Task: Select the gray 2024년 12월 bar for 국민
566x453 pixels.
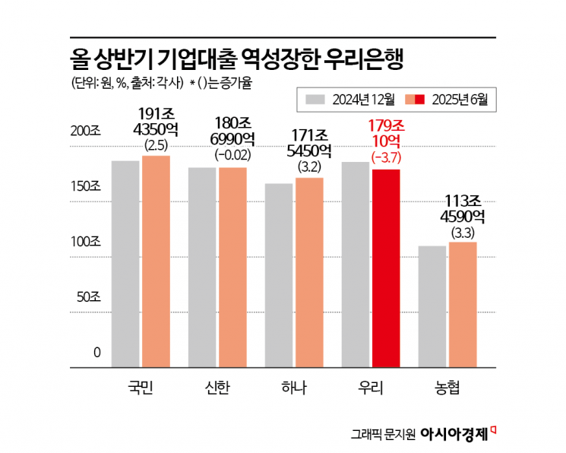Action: coord(125,263)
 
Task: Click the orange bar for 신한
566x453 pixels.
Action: coord(232,266)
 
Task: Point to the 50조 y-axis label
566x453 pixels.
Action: coord(89,297)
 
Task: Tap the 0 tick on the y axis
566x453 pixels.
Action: coord(97,353)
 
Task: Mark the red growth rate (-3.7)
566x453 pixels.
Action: coord(385,157)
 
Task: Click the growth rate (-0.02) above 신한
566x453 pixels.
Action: coord(232,156)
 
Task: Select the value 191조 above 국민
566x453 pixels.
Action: coord(156,114)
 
